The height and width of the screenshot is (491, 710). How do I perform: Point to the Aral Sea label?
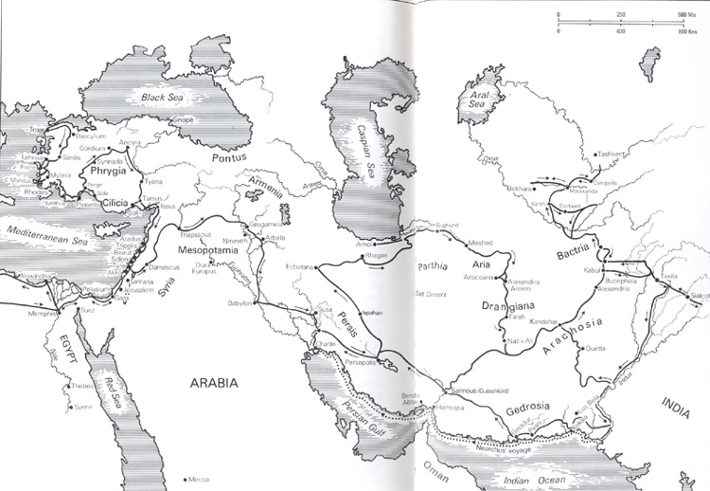tap(473, 114)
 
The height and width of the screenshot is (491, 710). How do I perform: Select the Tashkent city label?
tap(614, 153)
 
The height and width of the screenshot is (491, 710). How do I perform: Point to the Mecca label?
tap(200, 479)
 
